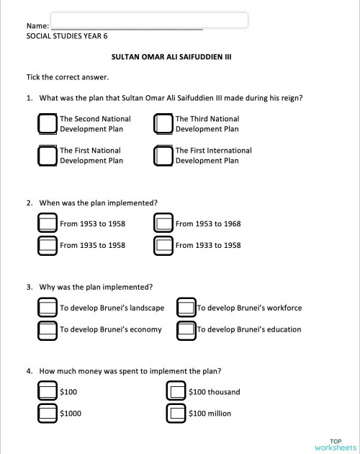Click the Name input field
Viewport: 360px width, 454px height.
150,20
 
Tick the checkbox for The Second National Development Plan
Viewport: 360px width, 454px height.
48,124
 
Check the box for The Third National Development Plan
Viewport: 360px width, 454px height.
163,124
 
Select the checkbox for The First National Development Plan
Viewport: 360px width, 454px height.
48,156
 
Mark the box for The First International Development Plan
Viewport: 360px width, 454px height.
163,156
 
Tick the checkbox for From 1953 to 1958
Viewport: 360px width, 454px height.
48,223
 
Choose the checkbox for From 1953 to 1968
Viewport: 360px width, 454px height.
163,223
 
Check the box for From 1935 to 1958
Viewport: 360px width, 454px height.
48,245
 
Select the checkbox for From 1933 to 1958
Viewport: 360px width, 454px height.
163,245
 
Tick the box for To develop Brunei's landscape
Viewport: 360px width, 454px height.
48,308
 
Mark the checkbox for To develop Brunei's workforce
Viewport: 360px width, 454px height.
186,308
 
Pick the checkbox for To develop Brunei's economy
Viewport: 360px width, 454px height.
48,330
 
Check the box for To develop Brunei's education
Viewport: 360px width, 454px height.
186,330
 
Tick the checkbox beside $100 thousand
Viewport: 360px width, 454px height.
176,392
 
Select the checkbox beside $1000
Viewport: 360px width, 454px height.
48,414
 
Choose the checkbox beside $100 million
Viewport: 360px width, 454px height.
176,414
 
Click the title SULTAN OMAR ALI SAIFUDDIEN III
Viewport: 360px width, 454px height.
171,55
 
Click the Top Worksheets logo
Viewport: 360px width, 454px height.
335,444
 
